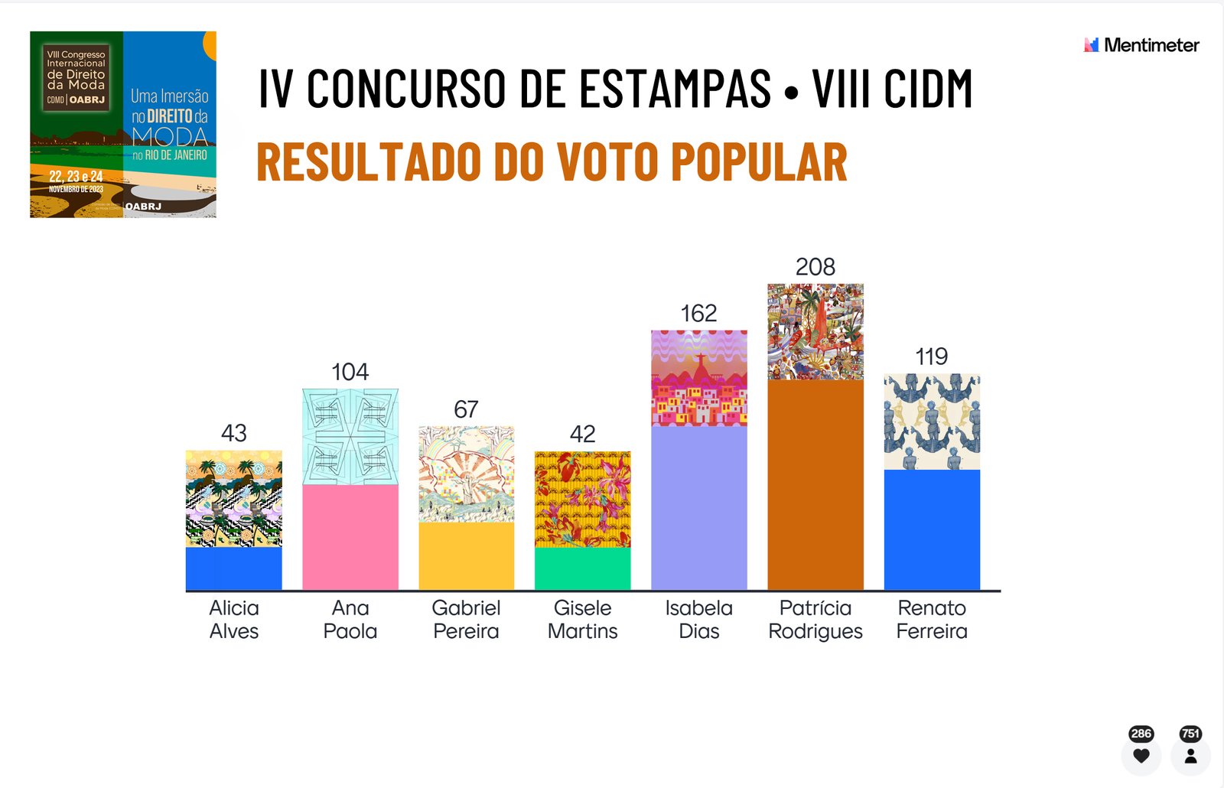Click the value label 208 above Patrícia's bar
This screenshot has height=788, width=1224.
pos(815,267)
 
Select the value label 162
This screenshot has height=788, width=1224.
pos(698,314)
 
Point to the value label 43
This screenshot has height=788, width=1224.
pos(233,434)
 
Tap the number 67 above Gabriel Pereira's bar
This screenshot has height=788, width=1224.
pos(466,410)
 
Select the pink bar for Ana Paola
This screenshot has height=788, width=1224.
pos(350,536)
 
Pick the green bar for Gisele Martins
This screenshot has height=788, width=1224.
pos(582,568)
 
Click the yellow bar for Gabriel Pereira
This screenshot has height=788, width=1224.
pos(466,555)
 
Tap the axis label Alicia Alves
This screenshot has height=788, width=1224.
pos(234,619)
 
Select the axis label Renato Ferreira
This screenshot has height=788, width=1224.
pos(932,619)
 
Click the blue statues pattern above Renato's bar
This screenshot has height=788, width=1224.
pos(932,422)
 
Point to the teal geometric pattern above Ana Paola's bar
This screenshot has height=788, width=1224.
pos(350,436)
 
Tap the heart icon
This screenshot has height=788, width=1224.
pos(1141,756)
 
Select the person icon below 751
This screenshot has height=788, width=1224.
pos(1190,756)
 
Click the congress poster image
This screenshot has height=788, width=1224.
pos(123,125)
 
